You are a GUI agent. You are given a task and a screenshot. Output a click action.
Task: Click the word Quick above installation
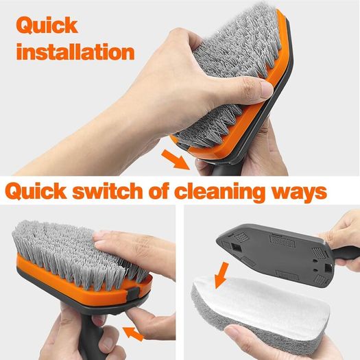pyautogui.click(x=47, y=26)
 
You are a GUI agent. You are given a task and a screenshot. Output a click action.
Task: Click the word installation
pyautogui.click(x=75, y=52)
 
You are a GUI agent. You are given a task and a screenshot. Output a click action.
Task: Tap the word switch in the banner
pyautogui.click(x=108, y=191)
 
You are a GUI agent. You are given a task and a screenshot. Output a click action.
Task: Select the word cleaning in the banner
pyautogui.click(x=220, y=193)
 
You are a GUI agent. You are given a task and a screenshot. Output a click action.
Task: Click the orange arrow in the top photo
pyautogui.click(x=176, y=159)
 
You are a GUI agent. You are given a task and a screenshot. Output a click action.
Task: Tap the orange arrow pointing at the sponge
pyautogui.click(x=221, y=276)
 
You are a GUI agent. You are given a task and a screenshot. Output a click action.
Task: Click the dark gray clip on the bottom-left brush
pyautogui.click(x=132, y=293)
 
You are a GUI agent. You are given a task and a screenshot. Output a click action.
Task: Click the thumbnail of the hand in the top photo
pyautogui.click(x=267, y=88)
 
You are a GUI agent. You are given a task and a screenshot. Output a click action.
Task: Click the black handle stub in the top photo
pyautogui.click(x=219, y=169)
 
